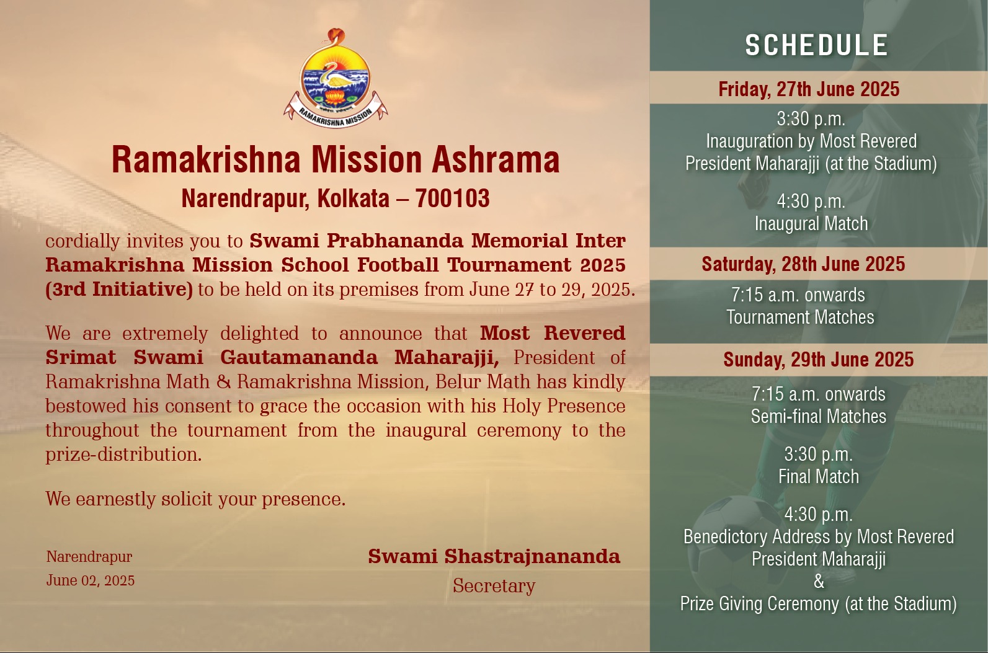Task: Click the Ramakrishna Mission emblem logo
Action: pos(336,78)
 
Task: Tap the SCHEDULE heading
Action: pos(816,45)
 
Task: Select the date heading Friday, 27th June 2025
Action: pos(809,89)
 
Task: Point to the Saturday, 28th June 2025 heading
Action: pos(803,264)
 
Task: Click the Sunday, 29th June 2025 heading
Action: pos(818,360)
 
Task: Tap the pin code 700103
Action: pos(452,198)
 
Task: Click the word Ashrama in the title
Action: pos(496,159)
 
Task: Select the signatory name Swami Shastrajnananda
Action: pos(494,556)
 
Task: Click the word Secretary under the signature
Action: pos(494,586)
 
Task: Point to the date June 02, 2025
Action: pos(91,580)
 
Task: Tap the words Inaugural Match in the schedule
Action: pos(811,223)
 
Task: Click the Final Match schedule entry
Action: pos(819,477)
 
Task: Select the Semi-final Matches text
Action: pos(819,417)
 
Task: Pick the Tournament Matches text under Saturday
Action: pos(800,318)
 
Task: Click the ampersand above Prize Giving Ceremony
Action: pos(819,582)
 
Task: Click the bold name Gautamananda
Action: pos(299,358)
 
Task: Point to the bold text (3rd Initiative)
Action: pos(119,290)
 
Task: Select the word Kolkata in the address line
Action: pos(354,198)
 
